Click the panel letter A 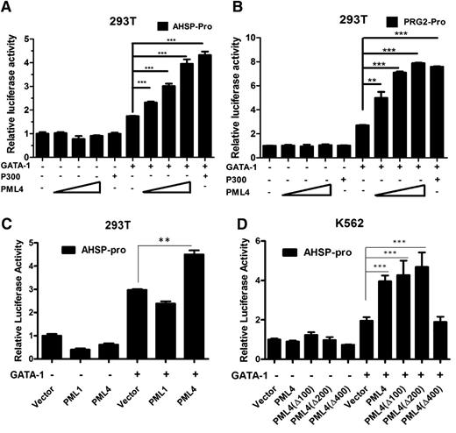coord(7,8)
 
